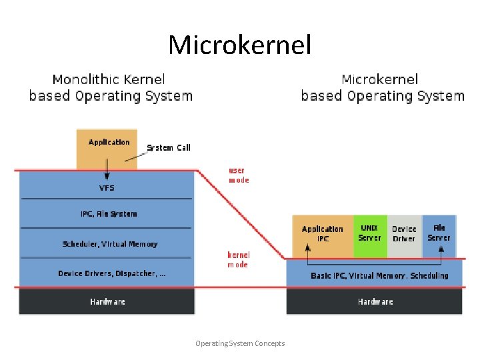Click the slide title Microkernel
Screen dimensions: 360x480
239,45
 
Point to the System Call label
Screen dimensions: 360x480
169,147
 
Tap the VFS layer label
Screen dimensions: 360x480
107,188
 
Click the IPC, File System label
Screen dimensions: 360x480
109,214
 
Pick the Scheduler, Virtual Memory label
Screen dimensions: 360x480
110,244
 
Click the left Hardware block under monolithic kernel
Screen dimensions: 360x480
107,302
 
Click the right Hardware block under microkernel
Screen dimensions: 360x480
375,302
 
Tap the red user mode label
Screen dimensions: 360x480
238,175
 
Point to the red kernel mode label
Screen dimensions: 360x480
238,260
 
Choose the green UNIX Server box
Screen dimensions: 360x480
369,233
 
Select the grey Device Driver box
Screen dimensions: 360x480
404,234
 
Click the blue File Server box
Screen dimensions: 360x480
439,233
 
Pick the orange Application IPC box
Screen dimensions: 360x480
323,234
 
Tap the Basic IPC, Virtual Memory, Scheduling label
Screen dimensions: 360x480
379,275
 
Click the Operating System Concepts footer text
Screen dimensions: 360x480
240,343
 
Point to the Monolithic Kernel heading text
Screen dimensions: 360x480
109,80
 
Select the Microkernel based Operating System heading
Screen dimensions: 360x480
382,88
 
